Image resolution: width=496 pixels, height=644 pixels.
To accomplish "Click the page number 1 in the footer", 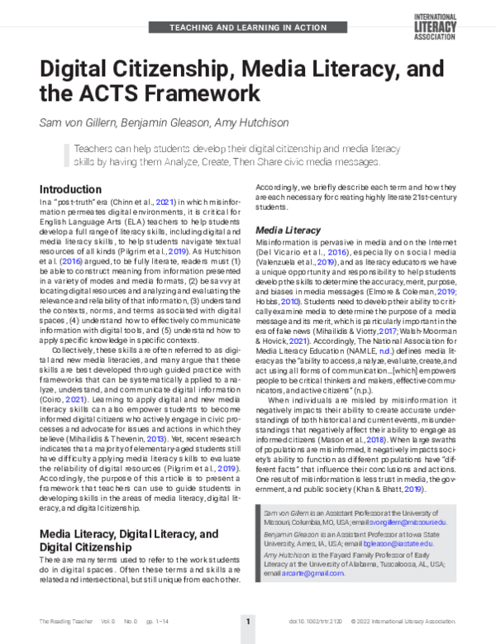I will [247, 620].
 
